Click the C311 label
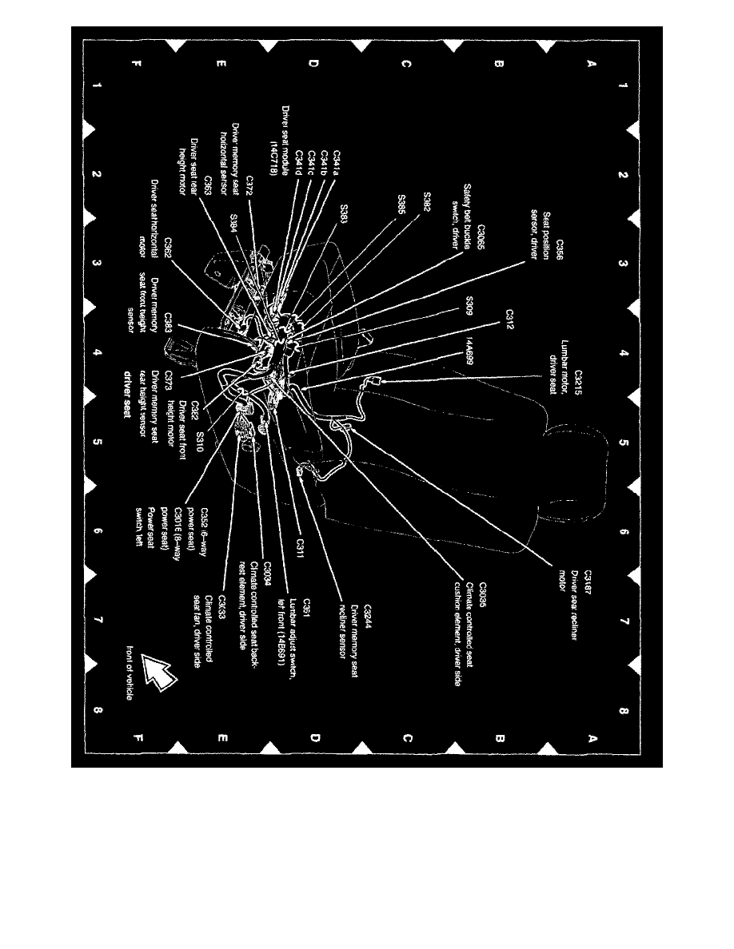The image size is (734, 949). pos(299,545)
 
